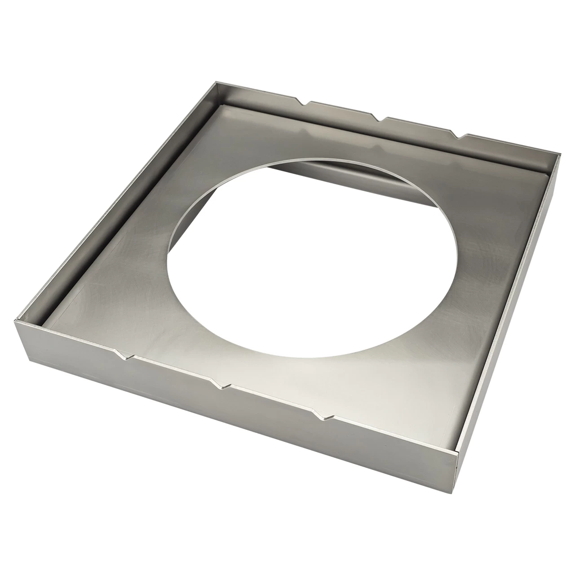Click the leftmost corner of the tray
click(16, 320)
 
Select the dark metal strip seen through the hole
click(314, 173)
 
